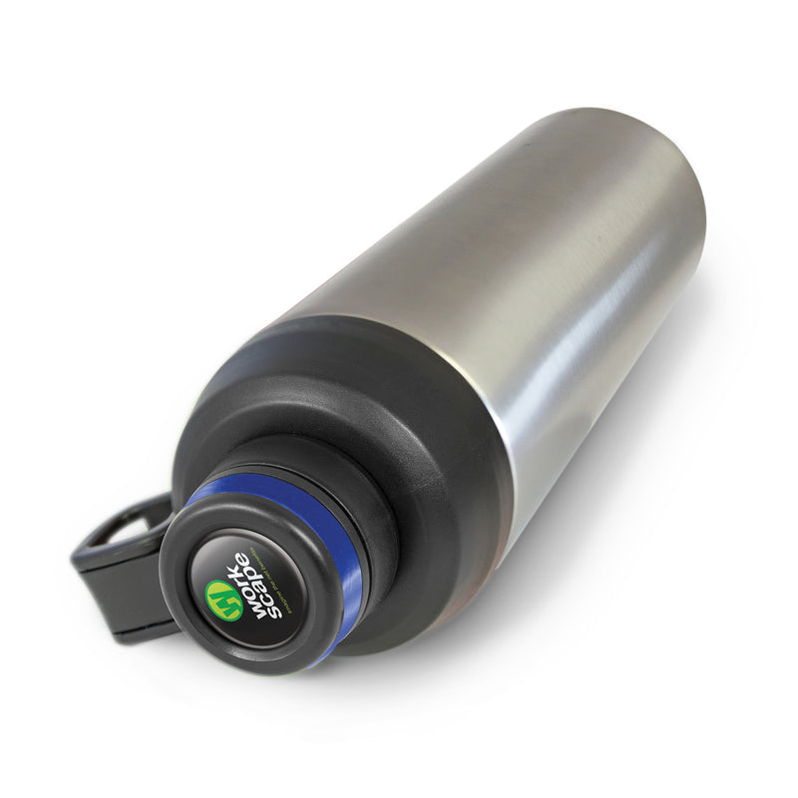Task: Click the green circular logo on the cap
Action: click(x=223, y=599)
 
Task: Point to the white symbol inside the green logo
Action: click(x=223, y=599)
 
